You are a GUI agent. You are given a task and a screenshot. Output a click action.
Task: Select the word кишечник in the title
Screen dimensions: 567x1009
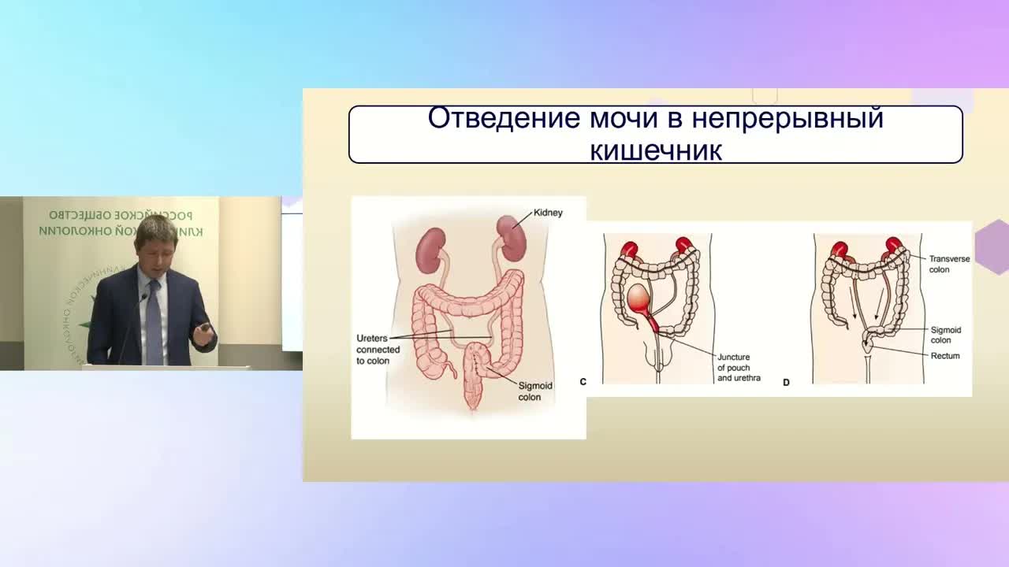tap(656, 150)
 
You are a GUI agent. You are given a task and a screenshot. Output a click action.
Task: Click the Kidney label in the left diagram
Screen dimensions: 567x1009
tap(548, 213)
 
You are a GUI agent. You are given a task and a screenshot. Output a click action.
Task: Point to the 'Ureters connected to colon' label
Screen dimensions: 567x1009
tap(373, 349)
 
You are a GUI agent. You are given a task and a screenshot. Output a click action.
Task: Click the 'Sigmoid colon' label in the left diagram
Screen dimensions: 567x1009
tap(534, 391)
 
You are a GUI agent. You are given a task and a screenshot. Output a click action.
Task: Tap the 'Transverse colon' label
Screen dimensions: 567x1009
tap(948, 264)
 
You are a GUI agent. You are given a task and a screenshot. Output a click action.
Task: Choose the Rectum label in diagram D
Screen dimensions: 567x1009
tap(945, 356)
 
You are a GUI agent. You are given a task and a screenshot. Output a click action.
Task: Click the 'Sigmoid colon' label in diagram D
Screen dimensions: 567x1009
tap(945, 335)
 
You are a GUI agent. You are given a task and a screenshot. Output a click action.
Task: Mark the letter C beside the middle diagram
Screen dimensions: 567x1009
tap(583, 382)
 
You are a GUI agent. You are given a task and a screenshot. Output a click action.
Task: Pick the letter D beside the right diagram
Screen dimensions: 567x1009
tap(786, 383)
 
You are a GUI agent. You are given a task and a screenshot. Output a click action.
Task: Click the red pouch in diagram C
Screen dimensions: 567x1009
tap(639, 299)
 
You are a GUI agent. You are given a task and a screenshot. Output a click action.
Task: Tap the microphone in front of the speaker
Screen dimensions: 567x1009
tap(143, 298)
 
